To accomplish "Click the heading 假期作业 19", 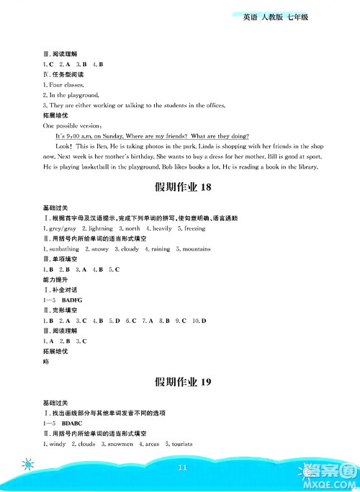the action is pyautogui.click(x=181, y=381).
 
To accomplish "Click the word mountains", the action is pyautogui.click(x=195, y=249).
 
